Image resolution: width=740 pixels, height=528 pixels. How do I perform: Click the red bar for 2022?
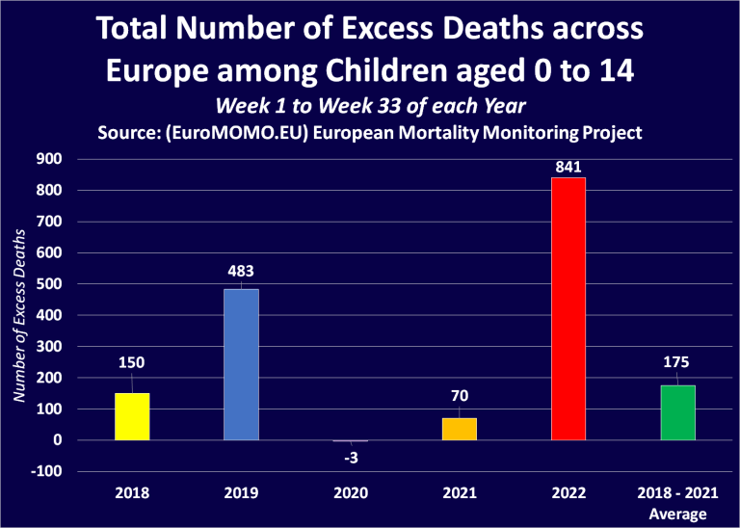coord(568,308)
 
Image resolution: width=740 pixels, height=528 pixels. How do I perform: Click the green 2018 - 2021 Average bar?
coord(677,412)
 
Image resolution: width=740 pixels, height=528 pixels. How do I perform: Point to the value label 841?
coord(568,167)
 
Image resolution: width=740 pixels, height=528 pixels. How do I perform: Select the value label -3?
coord(351,456)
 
